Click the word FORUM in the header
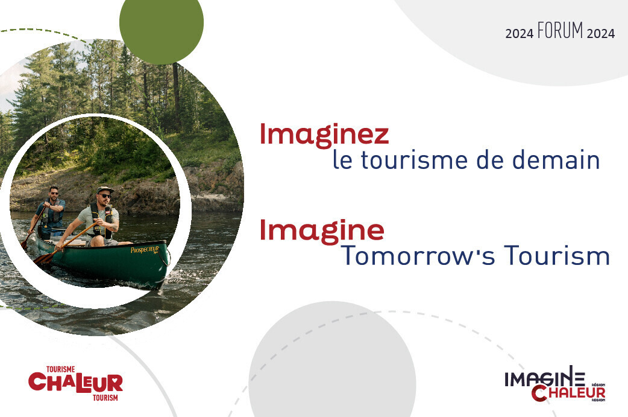coord(560,31)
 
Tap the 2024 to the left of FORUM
coord(519,34)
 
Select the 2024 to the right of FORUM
coord(600,34)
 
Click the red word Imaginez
coord(324,135)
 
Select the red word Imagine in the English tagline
coord(322,230)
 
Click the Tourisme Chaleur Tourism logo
coord(76,383)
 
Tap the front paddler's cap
coord(105,189)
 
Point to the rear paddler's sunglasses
coord(54,193)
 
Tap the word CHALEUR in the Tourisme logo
coord(76,383)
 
